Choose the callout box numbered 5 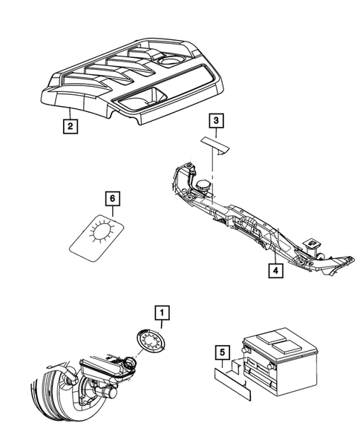[220, 353]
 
